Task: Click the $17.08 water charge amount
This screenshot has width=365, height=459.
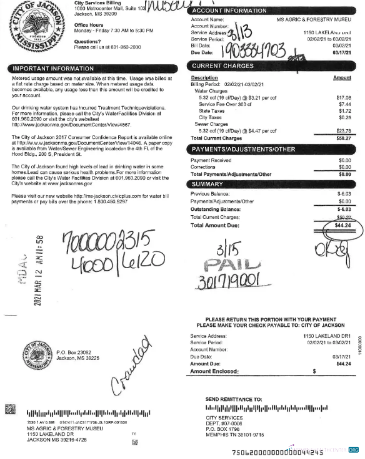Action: pyautogui.click(x=344, y=97)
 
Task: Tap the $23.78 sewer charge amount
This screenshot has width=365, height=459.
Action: pyautogui.click(x=344, y=130)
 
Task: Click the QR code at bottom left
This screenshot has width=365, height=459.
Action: pyautogui.click(x=10, y=410)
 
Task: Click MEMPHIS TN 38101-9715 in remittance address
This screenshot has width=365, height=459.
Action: pyautogui.click(x=238, y=435)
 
